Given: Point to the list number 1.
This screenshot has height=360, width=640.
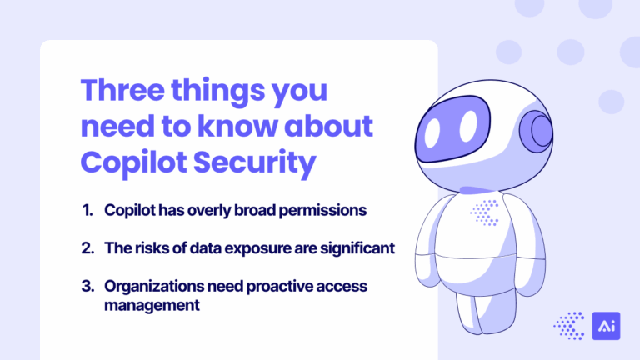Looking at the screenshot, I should [x=87, y=210].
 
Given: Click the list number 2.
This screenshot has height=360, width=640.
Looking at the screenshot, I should [x=87, y=247].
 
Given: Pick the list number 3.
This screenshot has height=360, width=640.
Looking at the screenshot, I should [x=87, y=286].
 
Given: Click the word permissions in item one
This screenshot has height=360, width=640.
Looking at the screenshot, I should [x=322, y=210].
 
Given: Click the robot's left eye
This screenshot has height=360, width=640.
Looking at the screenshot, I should [x=468, y=125].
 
